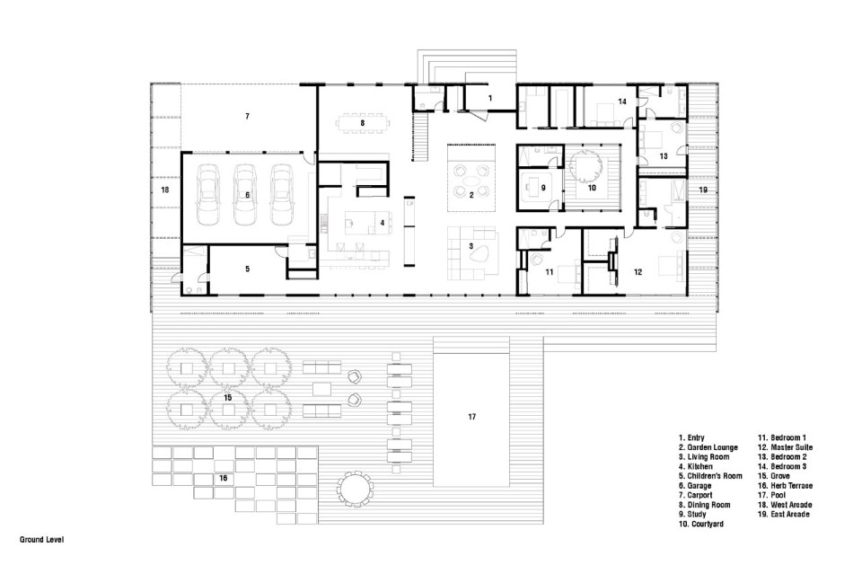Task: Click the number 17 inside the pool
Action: (x=471, y=417)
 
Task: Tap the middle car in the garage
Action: (x=245, y=195)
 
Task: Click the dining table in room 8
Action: (x=362, y=123)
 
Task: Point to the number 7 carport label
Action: (x=248, y=116)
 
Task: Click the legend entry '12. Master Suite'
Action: (x=786, y=447)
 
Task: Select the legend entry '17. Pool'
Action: (x=772, y=495)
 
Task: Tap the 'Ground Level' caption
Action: (x=42, y=540)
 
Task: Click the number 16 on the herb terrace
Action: (x=224, y=478)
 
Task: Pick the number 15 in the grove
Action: (x=227, y=398)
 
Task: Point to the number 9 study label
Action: (x=543, y=188)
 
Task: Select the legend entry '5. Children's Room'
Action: (x=710, y=476)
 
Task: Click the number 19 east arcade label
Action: (x=703, y=190)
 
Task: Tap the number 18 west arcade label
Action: (x=165, y=190)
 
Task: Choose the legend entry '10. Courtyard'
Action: (x=701, y=525)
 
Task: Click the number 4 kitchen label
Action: (x=383, y=223)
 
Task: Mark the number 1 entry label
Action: (x=490, y=98)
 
